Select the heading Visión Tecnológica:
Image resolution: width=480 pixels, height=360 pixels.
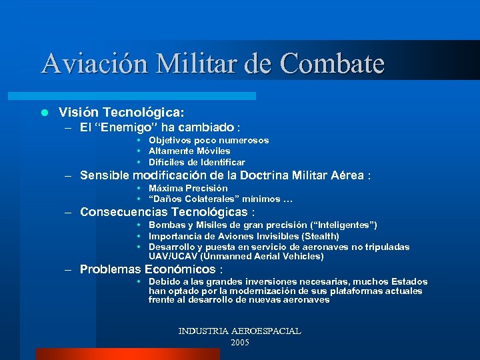tap(121, 112)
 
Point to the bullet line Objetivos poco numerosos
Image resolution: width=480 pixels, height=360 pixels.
tap(209, 141)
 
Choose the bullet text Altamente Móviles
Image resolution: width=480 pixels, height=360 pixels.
tap(190, 151)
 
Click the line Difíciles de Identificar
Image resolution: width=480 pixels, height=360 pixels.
tap(197, 162)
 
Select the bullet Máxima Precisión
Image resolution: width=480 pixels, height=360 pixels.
tap(188, 189)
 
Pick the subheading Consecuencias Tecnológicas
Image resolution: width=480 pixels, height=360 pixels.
tap(163, 213)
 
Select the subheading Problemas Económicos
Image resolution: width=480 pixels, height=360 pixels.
tap(147, 269)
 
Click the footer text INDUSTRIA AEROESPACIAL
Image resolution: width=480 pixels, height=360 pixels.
tap(239, 331)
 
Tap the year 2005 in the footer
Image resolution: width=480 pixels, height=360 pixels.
tap(239, 342)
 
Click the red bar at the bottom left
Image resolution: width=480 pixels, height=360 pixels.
tap(127, 354)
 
